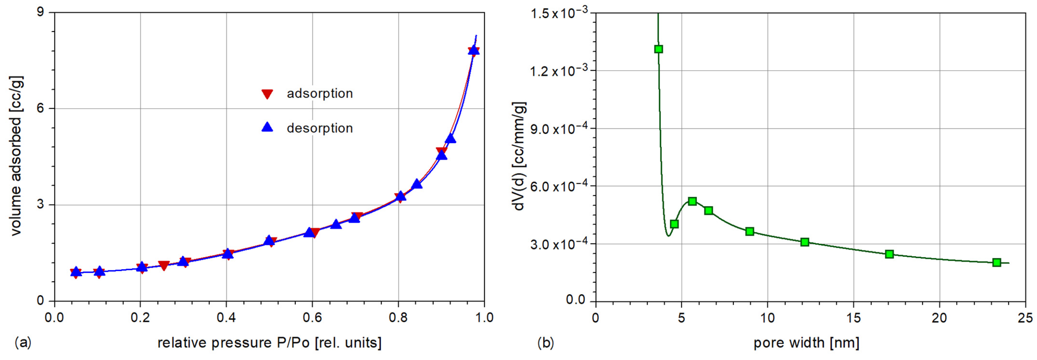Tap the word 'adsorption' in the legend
pos(320,93)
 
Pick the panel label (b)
pos(545,343)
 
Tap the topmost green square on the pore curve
pos(659,49)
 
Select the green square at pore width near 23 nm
pos(997,262)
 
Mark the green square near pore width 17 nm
pos(890,254)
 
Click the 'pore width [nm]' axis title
pos(806,343)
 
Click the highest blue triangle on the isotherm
pos(474,50)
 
